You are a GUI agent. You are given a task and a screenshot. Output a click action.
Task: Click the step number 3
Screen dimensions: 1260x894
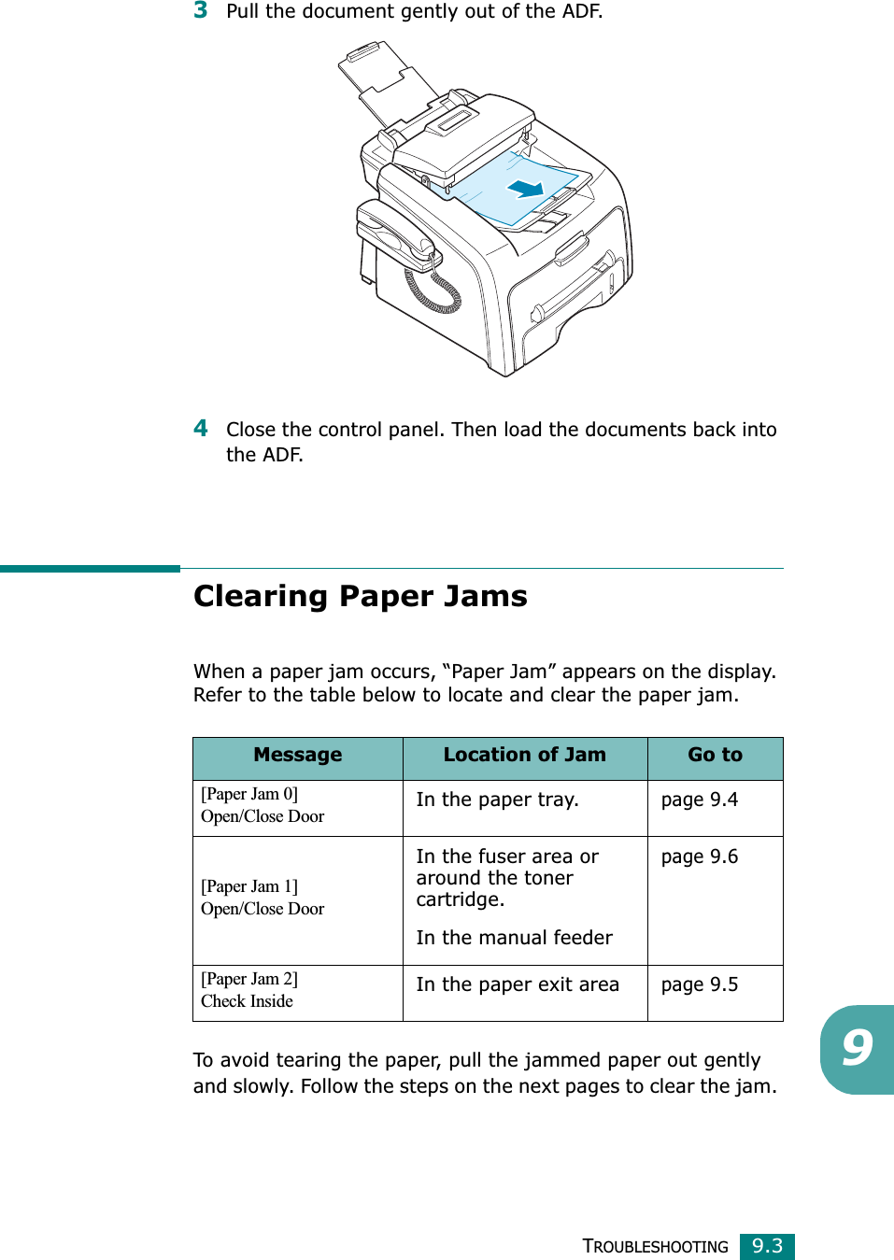tap(200, 10)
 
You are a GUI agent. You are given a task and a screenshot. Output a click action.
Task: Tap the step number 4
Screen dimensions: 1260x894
tap(200, 429)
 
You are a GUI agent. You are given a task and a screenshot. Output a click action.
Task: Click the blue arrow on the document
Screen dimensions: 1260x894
tap(526, 189)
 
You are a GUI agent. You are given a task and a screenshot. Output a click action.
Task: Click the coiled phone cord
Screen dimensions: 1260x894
tap(433, 290)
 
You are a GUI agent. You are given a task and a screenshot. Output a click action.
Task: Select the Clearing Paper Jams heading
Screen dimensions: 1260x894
tap(360, 596)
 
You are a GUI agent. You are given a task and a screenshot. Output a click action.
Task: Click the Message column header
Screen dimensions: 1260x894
tap(297, 755)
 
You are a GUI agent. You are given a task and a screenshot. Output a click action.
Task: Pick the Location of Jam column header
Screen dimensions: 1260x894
tap(524, 755)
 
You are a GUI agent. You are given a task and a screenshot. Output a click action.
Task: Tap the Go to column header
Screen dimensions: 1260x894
tap(715, 755)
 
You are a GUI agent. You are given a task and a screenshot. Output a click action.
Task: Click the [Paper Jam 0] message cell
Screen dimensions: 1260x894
tap(263, 805)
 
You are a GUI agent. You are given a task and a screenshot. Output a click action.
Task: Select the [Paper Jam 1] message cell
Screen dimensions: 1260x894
tap(263, 898)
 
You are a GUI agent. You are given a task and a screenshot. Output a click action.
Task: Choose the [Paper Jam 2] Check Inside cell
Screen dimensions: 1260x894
tap(249, 990)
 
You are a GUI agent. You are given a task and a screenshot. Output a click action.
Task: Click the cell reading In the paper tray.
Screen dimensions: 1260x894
tap(497, 800)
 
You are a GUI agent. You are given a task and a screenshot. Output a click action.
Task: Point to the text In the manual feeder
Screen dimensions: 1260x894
tap(514, 938)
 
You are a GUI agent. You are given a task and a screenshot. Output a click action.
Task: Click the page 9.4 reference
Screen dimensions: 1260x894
tap(699, 800)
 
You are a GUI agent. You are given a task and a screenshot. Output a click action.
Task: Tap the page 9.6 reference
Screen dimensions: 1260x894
tap(699, 857)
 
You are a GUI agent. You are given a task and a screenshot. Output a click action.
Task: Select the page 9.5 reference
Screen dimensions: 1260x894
tap(699, 984)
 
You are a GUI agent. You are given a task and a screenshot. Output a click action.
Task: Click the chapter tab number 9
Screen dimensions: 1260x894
tap(857, 1048)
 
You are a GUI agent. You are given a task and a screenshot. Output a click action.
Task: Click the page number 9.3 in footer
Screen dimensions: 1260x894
tap(767, 1246)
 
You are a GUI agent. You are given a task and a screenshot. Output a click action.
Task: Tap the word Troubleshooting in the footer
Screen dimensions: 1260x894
tap(655, 1247)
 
